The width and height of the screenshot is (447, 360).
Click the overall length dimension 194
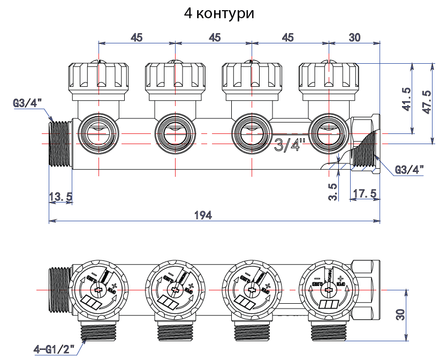pyautogui.click(x=203, y=215)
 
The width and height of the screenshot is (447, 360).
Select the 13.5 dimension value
pyautogui.click(x=60, y=197)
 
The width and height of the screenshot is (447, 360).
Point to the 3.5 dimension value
pyautogui.click(x=333, y=192)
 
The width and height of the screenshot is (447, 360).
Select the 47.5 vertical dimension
pyautogui.click(x=427, y=101)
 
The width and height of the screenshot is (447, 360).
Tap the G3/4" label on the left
pyautogui.click(x=27, y=102)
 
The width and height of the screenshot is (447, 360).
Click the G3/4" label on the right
pyautogui.click(x=410, y=170)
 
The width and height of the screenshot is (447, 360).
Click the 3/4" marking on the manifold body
pyautogui.click(x=290, y=145)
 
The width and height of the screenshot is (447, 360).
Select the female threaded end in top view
pyautogui.click(x=366, y=144)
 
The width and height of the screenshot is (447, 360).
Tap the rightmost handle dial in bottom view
pyautogui.click(x=327, y=289)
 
